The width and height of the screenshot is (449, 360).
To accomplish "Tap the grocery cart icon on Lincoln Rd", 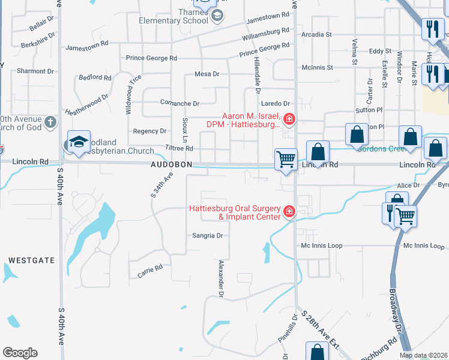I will pyautogui.click(x=286, y=160).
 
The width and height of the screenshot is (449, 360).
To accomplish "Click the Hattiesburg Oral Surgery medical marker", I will pyautogui.click(x=289, y=211).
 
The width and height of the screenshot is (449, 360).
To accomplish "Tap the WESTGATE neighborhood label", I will pyautogui.click(x=32, y=260).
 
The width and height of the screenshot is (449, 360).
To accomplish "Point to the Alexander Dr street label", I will pyautogui.click(x=221, y=279).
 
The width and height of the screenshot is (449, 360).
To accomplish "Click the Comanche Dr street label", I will pyautogui.click(x=179, y=103).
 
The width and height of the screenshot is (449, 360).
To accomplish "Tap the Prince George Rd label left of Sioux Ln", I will pyautogui.click(x=151, y=58).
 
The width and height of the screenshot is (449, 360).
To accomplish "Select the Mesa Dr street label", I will pyautogui.click(x=208, y=74).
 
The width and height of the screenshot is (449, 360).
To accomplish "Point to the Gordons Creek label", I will pyautogui.click(x=379, y=149).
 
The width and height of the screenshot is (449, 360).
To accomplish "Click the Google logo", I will pyautogui.click(x=20, y=353).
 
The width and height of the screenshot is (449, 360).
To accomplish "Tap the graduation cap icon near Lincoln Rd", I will pyautogui.click(x=79, y=142).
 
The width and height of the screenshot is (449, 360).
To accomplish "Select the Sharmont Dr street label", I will pyautogui.click(x=35, y=71).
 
